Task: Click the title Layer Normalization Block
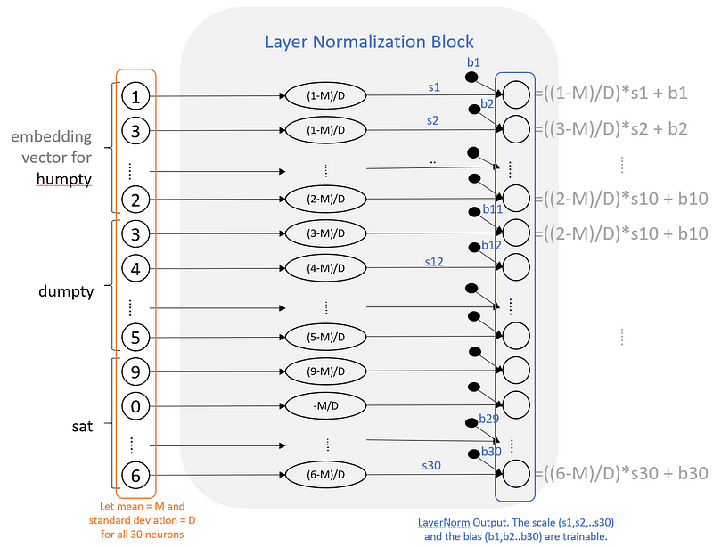coord(369,42)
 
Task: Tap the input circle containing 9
coord(135,371)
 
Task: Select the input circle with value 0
coord(135,406)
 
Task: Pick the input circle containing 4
coord(135,267)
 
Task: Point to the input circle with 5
coord(135,338)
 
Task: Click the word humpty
coord(63,179)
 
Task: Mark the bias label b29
coord(488,418)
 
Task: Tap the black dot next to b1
coord(472,78)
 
